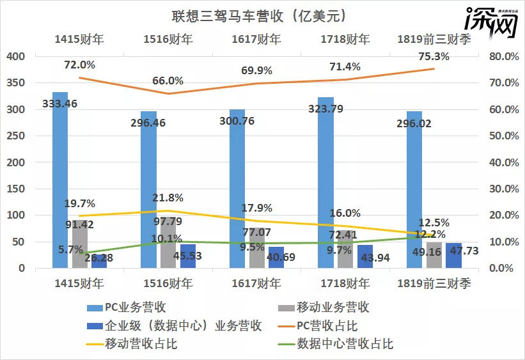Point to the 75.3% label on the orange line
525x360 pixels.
coord(433,57)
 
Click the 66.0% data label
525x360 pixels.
coord(168,81)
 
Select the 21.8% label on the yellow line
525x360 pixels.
coord(168,198)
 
